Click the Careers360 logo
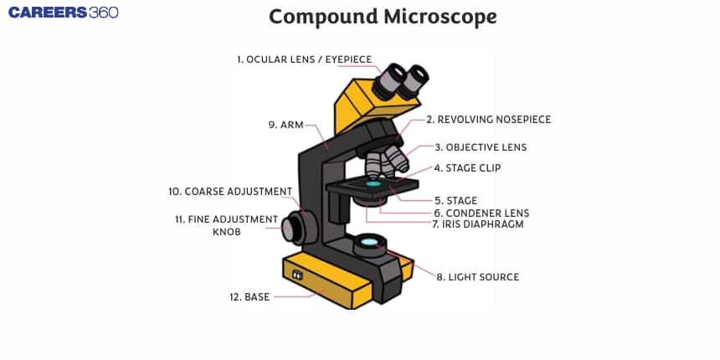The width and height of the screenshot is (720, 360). coord(64,13)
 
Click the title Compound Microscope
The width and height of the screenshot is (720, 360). coord(382,16)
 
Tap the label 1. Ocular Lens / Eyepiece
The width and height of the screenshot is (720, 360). coord(304,59)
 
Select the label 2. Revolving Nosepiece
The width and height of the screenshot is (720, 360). coord(488,120)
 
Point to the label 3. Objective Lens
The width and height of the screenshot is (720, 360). coord(481,147)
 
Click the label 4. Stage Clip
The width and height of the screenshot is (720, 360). coord(467,167)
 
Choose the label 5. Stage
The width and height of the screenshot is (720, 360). coord(455,200)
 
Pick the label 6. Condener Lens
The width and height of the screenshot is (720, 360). coord(481,213)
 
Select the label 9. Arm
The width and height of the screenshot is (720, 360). coord(285,125)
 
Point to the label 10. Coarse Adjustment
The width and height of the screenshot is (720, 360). coord(230,191)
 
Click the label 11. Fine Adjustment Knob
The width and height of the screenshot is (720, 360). coord(226,225)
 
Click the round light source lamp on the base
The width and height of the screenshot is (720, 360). coord(369,244)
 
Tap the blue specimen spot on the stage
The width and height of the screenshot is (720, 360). coord(373,183)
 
